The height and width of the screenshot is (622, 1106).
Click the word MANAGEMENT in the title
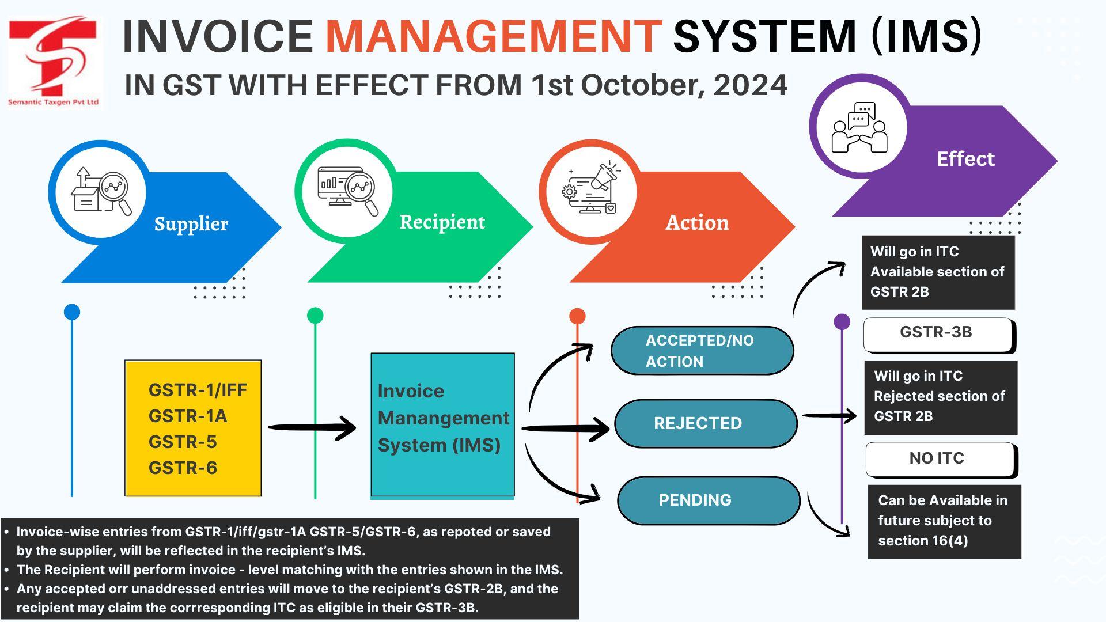coord(494,37)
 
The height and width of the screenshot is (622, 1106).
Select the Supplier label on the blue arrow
coord(191,224)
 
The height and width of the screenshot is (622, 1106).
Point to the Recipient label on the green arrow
coord(442,222)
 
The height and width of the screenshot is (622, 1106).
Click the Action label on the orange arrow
coord(696,223)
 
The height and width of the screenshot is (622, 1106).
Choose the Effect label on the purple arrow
coord(965,159)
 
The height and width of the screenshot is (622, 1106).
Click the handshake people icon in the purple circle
coord(859,128)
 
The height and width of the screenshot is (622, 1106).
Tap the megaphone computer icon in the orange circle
coord(591,189)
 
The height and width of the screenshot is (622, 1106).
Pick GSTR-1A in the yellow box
coord(188,416)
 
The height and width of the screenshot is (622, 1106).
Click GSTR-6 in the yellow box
coord(183,468)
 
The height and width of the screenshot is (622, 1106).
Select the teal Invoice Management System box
coord(442,424)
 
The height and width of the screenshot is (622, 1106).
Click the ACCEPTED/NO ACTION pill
coord(702,351)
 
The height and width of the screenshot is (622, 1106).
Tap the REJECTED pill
coord(706,423)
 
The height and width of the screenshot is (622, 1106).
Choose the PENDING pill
coord(708,500)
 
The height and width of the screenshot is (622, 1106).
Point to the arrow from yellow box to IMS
coord(312,427)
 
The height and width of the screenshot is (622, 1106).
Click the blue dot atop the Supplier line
coord(72,312)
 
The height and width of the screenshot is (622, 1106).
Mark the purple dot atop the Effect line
coord(842,321)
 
